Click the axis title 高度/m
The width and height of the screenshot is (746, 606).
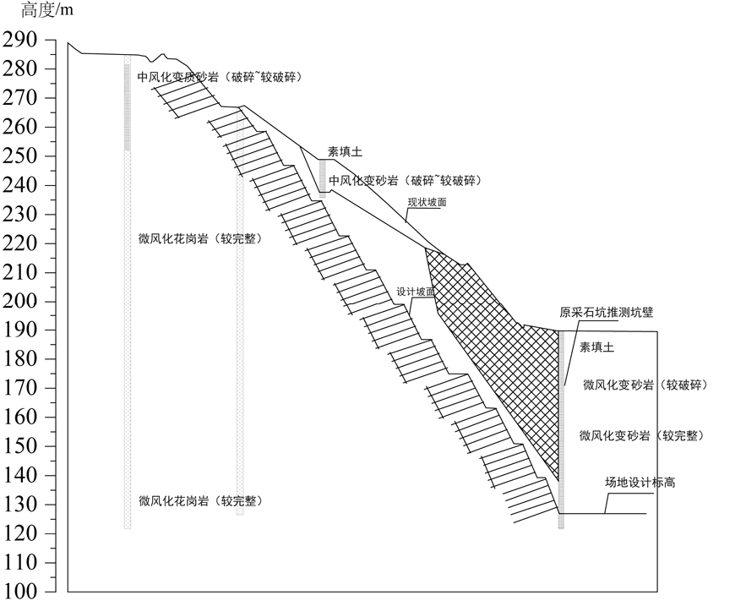tap(47, 9)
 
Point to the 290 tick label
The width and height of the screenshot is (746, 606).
tap(19, 40)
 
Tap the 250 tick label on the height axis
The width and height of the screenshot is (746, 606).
tap(19, 156)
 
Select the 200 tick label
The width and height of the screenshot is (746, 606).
tap(19, 301)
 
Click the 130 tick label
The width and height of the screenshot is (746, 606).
tap(19, 504)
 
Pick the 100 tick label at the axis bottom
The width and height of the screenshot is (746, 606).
tap(19, 592)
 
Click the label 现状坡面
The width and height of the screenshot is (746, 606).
tap(427, 202)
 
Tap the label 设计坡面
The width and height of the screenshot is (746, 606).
tap(416, 292)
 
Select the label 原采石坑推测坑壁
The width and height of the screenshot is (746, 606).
tap(606, 312)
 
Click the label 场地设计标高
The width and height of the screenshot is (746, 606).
tap(640, 483)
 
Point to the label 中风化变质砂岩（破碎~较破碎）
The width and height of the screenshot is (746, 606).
tap(220, 77)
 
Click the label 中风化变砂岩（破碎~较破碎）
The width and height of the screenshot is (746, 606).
tap(406, 180)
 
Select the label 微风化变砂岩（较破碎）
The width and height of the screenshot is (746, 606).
tap(645, 385)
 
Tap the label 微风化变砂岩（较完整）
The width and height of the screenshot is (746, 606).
tap(642, 435)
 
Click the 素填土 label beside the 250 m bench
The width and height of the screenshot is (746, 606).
tap(345, 152)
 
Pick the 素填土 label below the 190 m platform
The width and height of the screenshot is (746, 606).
tap(596, 347)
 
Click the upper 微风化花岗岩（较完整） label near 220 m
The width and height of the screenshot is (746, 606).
tap(200, 238)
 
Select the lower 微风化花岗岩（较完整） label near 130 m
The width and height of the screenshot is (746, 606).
tap(200, 501)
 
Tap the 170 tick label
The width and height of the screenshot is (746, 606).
tap(19, 388)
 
